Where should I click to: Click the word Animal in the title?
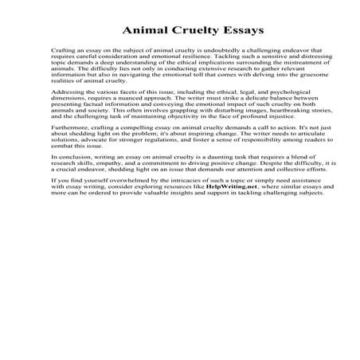(143, 33)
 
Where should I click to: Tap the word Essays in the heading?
(218, 33)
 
